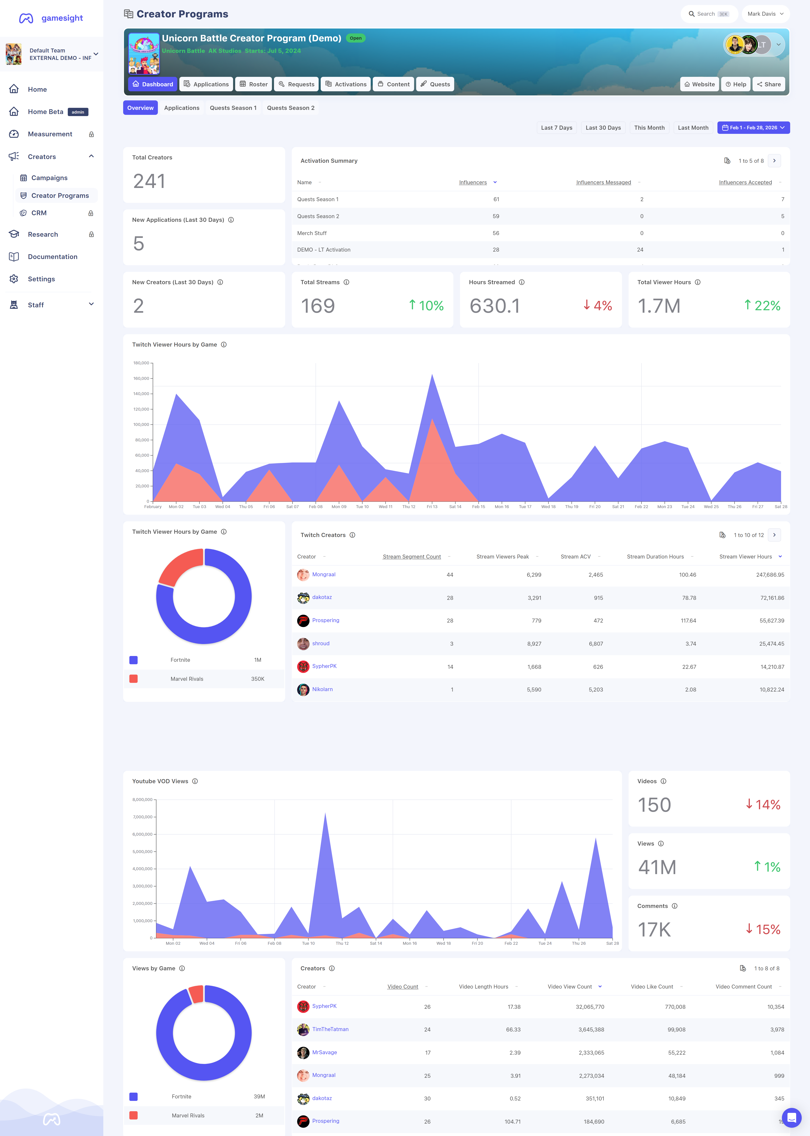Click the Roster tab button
pos(254,84)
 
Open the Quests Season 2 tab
pos(291,108)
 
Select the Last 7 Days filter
pos(557,128)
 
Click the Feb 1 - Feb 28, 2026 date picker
pos(753,128)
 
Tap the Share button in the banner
pos(769,84)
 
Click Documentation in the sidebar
pos(52,257)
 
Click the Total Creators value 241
pos(149,181)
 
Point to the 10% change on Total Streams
pos(426,305)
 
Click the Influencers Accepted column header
pos(745,182)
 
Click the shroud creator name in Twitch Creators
pos(321,644)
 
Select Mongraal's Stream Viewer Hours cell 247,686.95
pos(770,575)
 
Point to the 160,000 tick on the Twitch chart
pos(141,378)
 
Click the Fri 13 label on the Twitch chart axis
pos(432,506)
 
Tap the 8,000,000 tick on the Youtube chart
pos(142,800)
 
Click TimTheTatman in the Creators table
pos(330,1029)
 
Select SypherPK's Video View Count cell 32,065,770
pos(590,1007)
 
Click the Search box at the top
pos(709,14)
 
